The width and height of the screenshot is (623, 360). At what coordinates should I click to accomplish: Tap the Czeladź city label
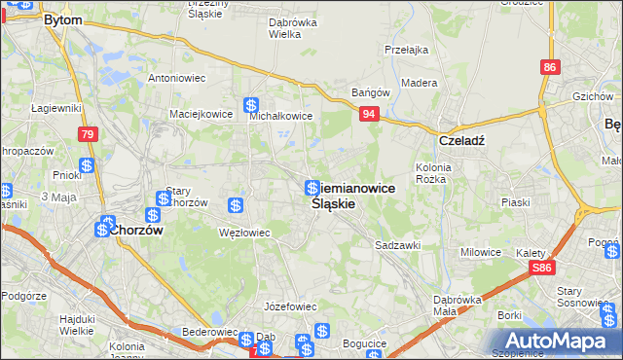click(462, 139)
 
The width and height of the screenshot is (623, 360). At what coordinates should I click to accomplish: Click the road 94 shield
click(369, 114)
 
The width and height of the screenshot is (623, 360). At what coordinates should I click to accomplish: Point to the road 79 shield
click(88, 134)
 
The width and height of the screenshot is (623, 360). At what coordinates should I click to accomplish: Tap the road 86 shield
click(551, 66)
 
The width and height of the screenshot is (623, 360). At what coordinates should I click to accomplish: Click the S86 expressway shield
click(544, 268)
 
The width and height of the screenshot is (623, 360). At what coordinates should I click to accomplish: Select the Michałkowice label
click(280, 116)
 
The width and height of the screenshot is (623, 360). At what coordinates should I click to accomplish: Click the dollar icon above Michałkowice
click(251, 105)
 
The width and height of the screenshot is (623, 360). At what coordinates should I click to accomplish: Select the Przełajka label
click(407, 50)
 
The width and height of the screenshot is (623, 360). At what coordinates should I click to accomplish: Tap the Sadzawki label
click(397, 246)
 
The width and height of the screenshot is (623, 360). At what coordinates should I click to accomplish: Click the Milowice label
click(481, 252)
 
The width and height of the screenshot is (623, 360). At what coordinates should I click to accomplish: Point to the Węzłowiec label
click(243, 232)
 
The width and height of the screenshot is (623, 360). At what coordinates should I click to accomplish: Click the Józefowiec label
click(291, 306)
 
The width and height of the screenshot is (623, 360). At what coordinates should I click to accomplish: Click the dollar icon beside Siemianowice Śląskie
click(311, 188)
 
